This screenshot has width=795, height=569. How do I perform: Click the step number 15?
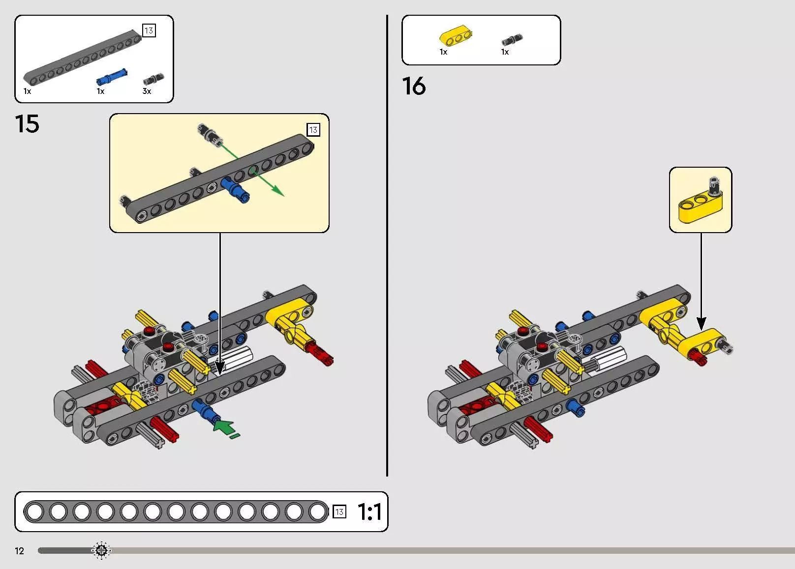coord(27,124)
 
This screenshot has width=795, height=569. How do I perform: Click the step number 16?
coord(414,86)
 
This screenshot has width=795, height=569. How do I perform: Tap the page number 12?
coord(19,551)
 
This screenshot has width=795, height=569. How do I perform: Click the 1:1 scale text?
coord(369,512)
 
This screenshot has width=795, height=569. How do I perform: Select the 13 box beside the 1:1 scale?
coord(339,511)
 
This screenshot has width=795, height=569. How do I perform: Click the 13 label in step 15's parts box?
coord(149,30)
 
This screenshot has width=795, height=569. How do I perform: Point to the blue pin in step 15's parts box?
coord(112,77)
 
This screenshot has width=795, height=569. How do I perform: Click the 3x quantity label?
coord(147,91)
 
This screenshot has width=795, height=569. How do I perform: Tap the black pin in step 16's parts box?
coord(512,39)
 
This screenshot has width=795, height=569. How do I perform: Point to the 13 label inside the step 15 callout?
coord(313,130)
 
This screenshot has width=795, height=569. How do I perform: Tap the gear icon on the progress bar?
coord(101,550)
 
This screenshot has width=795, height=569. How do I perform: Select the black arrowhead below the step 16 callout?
coord(701,324)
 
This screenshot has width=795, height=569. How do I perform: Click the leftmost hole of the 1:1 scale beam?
coord(35,512)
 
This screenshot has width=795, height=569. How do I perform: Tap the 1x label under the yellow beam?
coord(444,52)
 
